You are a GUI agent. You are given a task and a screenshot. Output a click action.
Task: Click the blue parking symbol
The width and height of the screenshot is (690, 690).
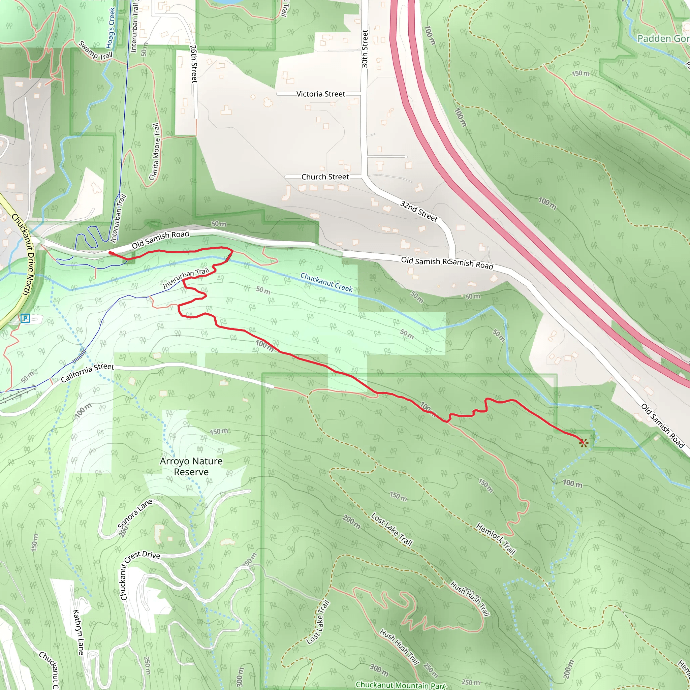pos(25,318)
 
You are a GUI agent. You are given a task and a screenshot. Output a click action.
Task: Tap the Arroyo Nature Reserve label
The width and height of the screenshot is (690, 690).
pos(191,466)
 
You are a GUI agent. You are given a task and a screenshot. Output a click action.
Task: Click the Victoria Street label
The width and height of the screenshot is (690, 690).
pos(321,94)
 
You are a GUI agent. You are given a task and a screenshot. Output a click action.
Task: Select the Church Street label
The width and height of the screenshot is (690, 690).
pos(325,177)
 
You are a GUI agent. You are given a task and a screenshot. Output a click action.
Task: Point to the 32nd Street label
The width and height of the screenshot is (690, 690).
pos(418,211)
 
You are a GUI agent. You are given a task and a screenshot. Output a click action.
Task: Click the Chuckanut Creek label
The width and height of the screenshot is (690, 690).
pos(326,282)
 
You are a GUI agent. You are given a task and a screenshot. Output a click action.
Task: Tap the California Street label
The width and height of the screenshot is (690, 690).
pos(88,373)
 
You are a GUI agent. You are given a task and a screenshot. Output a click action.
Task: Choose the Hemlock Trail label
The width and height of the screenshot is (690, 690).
pos(496,539)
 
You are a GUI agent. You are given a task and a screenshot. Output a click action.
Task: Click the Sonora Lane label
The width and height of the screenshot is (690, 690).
pos(135,514)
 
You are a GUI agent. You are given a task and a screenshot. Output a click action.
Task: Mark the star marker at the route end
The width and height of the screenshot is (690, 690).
pos(584,443)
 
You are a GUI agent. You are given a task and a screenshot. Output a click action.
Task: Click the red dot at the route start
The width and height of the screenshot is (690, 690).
pos(111,253)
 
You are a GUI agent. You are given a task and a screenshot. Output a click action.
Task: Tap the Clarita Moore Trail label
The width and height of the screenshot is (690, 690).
pos(155,152)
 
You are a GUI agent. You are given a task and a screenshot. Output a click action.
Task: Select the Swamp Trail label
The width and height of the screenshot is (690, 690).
pos(95,51)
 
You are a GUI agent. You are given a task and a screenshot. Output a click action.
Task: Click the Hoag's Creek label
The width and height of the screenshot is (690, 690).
pos(111,28)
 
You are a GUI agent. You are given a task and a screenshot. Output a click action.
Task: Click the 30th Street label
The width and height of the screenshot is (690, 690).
pos(365,49)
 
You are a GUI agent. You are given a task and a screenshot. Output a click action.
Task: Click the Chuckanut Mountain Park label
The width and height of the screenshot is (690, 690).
pos(401,685)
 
